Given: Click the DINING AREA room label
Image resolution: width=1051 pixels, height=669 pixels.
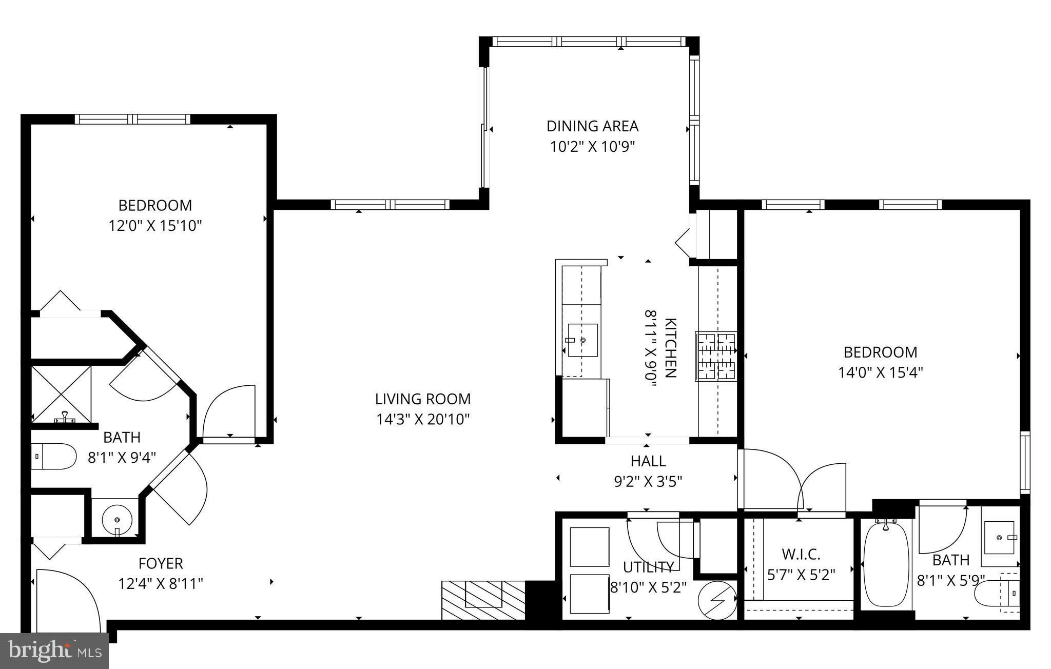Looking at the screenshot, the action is pos(592,126).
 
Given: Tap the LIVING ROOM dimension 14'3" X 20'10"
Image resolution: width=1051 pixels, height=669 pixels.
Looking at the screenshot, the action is pos(423,420).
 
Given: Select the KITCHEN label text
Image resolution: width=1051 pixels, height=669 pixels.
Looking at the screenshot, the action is pos(670,348).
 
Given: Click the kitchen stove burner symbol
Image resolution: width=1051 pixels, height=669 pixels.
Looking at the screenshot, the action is pos(716,357).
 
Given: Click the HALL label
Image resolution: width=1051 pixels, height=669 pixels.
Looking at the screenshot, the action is pos(648,461).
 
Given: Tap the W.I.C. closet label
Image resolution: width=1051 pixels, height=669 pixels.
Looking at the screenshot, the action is pos(801,554).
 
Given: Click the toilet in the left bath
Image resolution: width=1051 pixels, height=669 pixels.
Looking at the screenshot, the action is pos(53,456).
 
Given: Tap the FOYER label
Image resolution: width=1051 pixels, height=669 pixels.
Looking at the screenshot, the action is pos(161,563).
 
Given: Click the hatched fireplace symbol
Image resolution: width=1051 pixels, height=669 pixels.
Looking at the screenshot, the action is pos(483,600).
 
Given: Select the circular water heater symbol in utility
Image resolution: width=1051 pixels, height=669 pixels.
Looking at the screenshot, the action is pos(717,599).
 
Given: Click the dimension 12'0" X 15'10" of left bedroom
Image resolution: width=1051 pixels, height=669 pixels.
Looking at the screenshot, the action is pos(155,226).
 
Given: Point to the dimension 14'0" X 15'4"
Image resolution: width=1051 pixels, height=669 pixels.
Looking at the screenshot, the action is pos(881,372).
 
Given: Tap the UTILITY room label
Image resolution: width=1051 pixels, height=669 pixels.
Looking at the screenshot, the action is pos(648,567).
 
